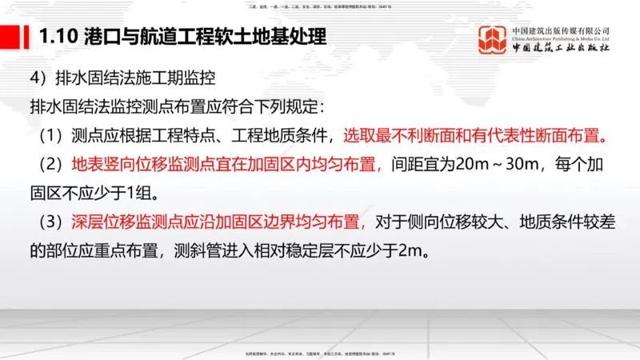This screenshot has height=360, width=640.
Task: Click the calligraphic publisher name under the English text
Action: click(x=560, y=48)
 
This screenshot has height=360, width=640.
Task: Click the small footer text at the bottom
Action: click(x=319, y=353)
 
